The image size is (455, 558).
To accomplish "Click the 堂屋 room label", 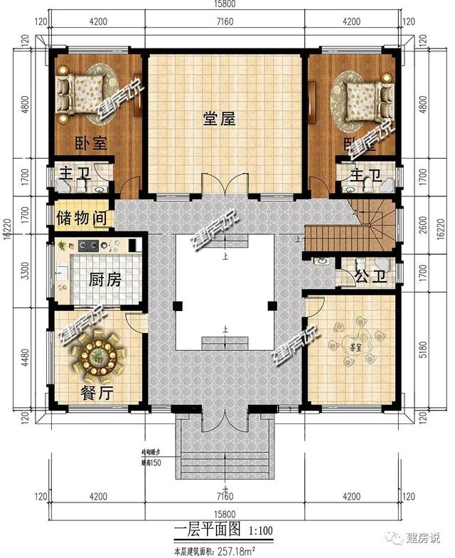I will coord(225,120).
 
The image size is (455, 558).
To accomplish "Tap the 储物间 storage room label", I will coord(81,216).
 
